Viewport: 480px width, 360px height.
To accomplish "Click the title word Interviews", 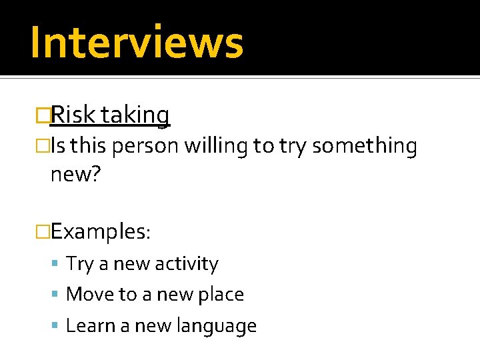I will click(x=137, y=41).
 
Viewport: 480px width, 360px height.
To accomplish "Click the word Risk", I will click(x=74, y=115).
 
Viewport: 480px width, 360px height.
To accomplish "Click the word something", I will click(x=364, y=147).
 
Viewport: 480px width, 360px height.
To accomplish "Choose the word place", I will click(x=221, y=295).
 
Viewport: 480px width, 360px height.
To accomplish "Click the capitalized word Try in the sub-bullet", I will click(x=80, y=264).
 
